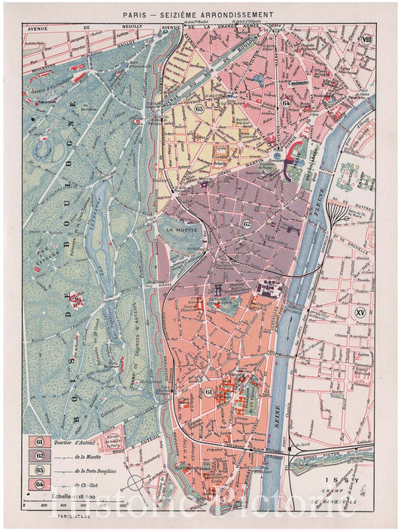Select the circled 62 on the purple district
click(x=247, y=224)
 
